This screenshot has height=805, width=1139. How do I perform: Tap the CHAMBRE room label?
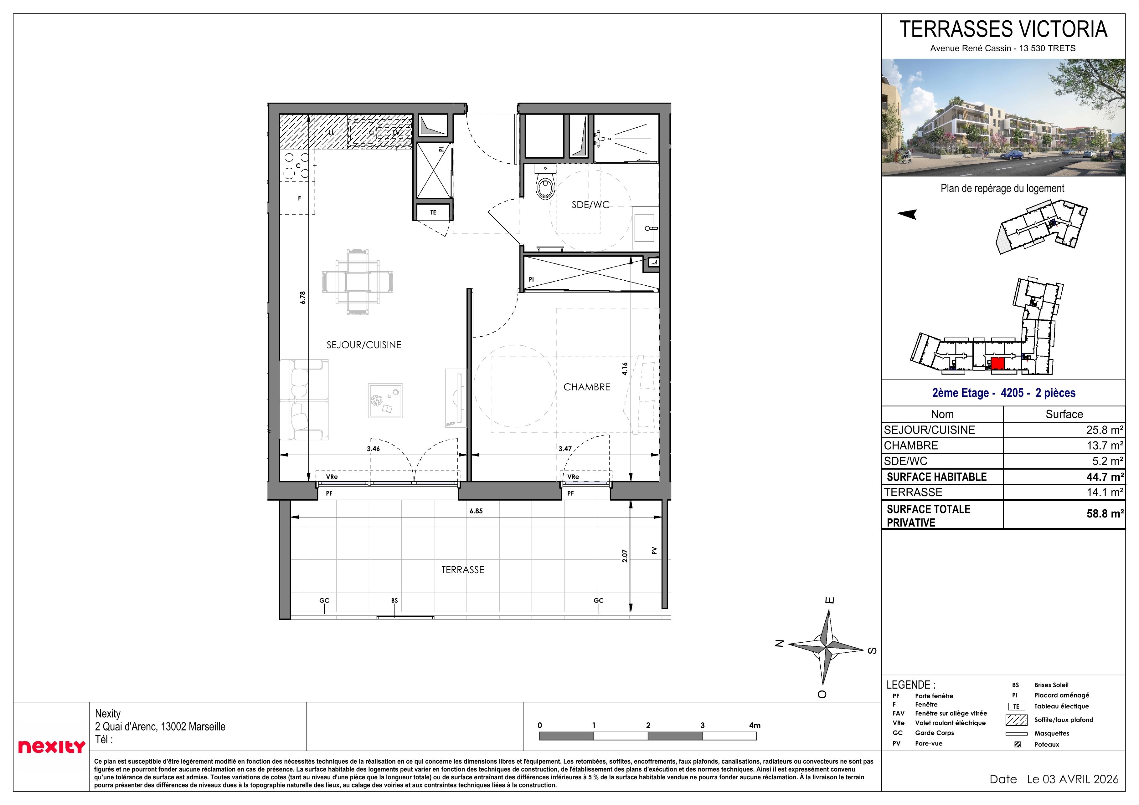(x=586, y=387)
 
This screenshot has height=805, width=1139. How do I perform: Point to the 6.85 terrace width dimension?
(x=476, y=511)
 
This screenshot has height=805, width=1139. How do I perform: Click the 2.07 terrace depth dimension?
(x=625, y=555)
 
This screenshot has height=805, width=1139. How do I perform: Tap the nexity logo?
(x=52, y=747)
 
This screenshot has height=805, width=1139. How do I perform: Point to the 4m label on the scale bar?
(x=755, y=725)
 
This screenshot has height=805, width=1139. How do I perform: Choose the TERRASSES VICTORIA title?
(x=1003, y=30)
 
